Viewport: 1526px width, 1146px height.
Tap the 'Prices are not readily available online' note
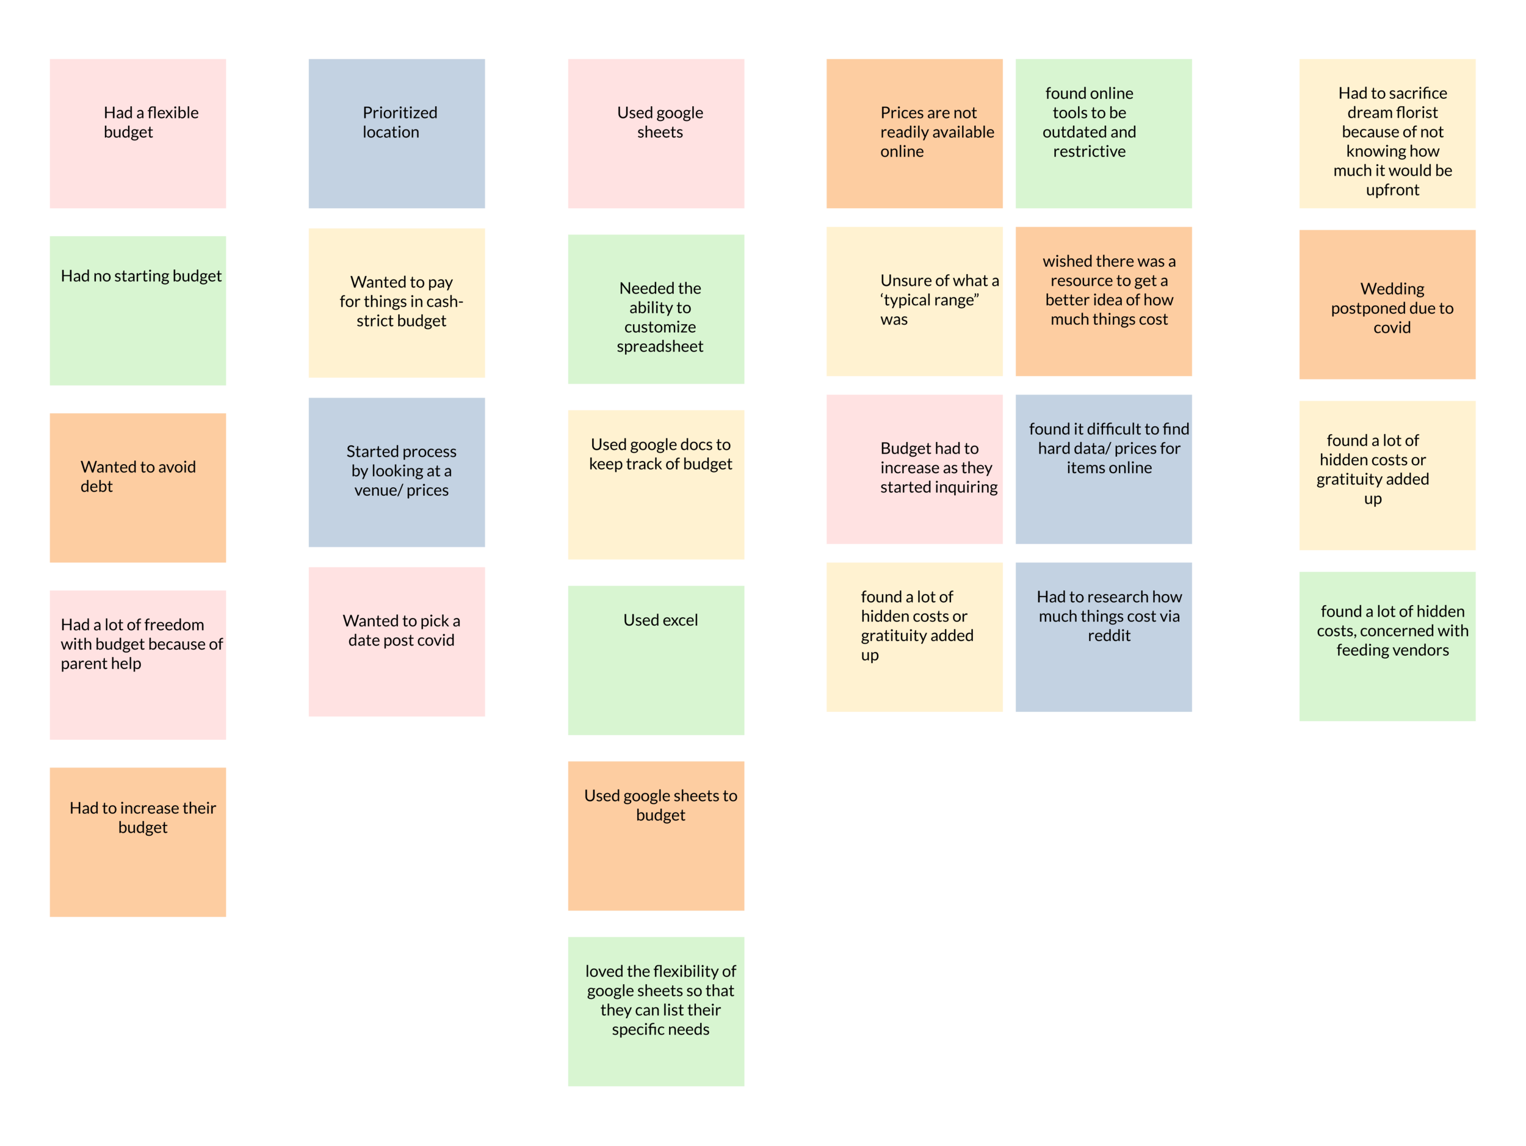click(936, 132)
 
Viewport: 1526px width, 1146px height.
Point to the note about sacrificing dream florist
click(1392, 142)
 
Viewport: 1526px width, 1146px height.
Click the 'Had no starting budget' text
click(141, 276)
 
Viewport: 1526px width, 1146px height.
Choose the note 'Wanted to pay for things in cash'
click(401, 302)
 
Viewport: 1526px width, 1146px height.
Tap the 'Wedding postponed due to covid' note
click(1392, 308)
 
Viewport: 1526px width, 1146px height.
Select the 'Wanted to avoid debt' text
click(138, 476)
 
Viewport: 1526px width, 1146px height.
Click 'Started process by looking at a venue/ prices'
click(401, 471)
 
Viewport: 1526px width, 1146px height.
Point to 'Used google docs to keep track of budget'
click(660, 454)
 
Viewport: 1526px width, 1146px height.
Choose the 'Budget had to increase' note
click(938, 468)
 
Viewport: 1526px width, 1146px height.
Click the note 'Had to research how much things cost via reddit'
click(1108, 616)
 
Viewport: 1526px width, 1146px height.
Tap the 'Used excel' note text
click(660, 620)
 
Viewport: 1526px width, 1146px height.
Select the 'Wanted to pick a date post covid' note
click(401, 631)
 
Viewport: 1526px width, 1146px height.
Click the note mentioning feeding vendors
click(1392, 631)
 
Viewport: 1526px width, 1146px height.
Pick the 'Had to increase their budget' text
click(143, 818)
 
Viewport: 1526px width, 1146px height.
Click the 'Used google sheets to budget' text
click(660, 805)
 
